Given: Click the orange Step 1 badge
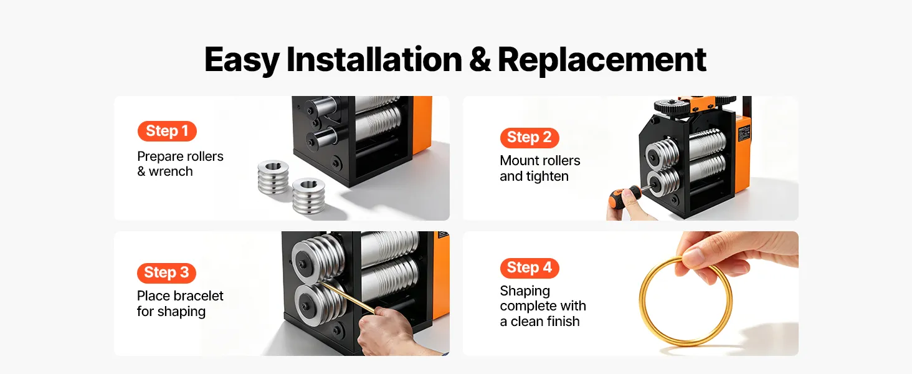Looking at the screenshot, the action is point(167,131).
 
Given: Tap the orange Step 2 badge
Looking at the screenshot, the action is point(530,138).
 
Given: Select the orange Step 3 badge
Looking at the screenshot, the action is point(166,272).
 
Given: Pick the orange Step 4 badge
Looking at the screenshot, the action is point(530,268).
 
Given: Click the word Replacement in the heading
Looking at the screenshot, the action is point(602,59).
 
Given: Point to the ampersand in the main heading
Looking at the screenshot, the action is point(480,59).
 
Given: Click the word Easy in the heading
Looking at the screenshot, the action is point(242,60).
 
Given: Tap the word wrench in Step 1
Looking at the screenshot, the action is point(171,172).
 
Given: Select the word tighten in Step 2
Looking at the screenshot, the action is point(548,176).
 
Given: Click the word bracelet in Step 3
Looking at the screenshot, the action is point(199,296).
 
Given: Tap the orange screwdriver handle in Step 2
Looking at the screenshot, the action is point(623,194).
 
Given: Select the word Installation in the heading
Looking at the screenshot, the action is point(374,59).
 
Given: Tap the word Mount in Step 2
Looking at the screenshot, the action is point(519,161).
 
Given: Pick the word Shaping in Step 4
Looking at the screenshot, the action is point(525,292).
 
